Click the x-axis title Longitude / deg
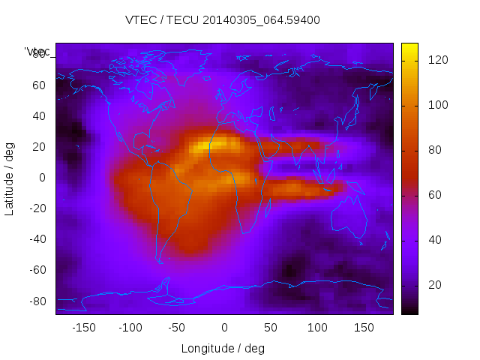223,348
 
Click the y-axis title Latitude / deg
10,178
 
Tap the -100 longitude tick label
130,328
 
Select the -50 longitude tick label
177,328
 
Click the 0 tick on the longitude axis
223,328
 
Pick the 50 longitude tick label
271,328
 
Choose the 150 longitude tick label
364,328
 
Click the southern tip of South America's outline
160,262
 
